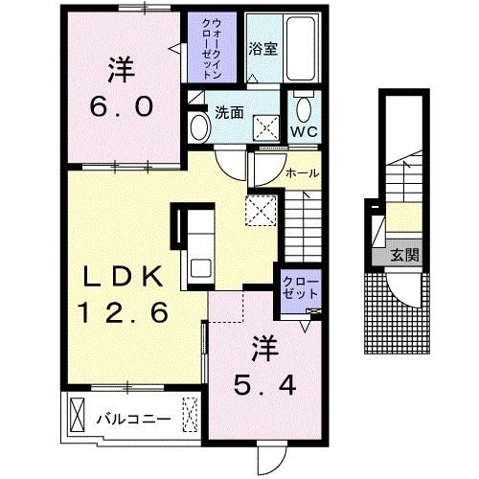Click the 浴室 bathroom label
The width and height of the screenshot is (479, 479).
click(x=262, y=49)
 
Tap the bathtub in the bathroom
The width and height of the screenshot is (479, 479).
click(x=300, y=48)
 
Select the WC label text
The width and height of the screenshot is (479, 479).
click(x=304, y=131)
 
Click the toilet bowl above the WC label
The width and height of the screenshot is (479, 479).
click(x=304, y=107)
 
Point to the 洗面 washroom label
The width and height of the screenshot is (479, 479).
click(x=229, y=112)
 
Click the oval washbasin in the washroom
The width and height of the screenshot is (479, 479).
click(x=200, y=127)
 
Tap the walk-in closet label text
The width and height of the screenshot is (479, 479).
click(x=212, y=49)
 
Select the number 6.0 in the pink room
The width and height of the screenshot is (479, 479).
click(x=122, y=106)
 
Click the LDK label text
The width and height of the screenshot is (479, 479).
click(x=123, y=276)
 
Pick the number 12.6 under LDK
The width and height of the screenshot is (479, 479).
click(x=123, y=312)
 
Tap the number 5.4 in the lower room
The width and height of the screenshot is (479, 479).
click(x=264, y=385)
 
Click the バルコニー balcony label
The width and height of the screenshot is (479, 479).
click(x=134, y=419)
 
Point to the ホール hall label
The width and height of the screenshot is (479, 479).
click(x=302, y=173)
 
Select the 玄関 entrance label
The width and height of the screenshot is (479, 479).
click(x=405, y=255)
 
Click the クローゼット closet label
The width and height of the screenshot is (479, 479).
click(x=301, y=288)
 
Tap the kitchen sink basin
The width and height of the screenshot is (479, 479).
click(x=201, y=268)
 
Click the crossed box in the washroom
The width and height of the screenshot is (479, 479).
click(x=266, y=127)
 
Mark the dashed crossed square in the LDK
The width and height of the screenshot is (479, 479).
click(x=261, y=211)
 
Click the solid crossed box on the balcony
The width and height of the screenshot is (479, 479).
click(x=78, y=415)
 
